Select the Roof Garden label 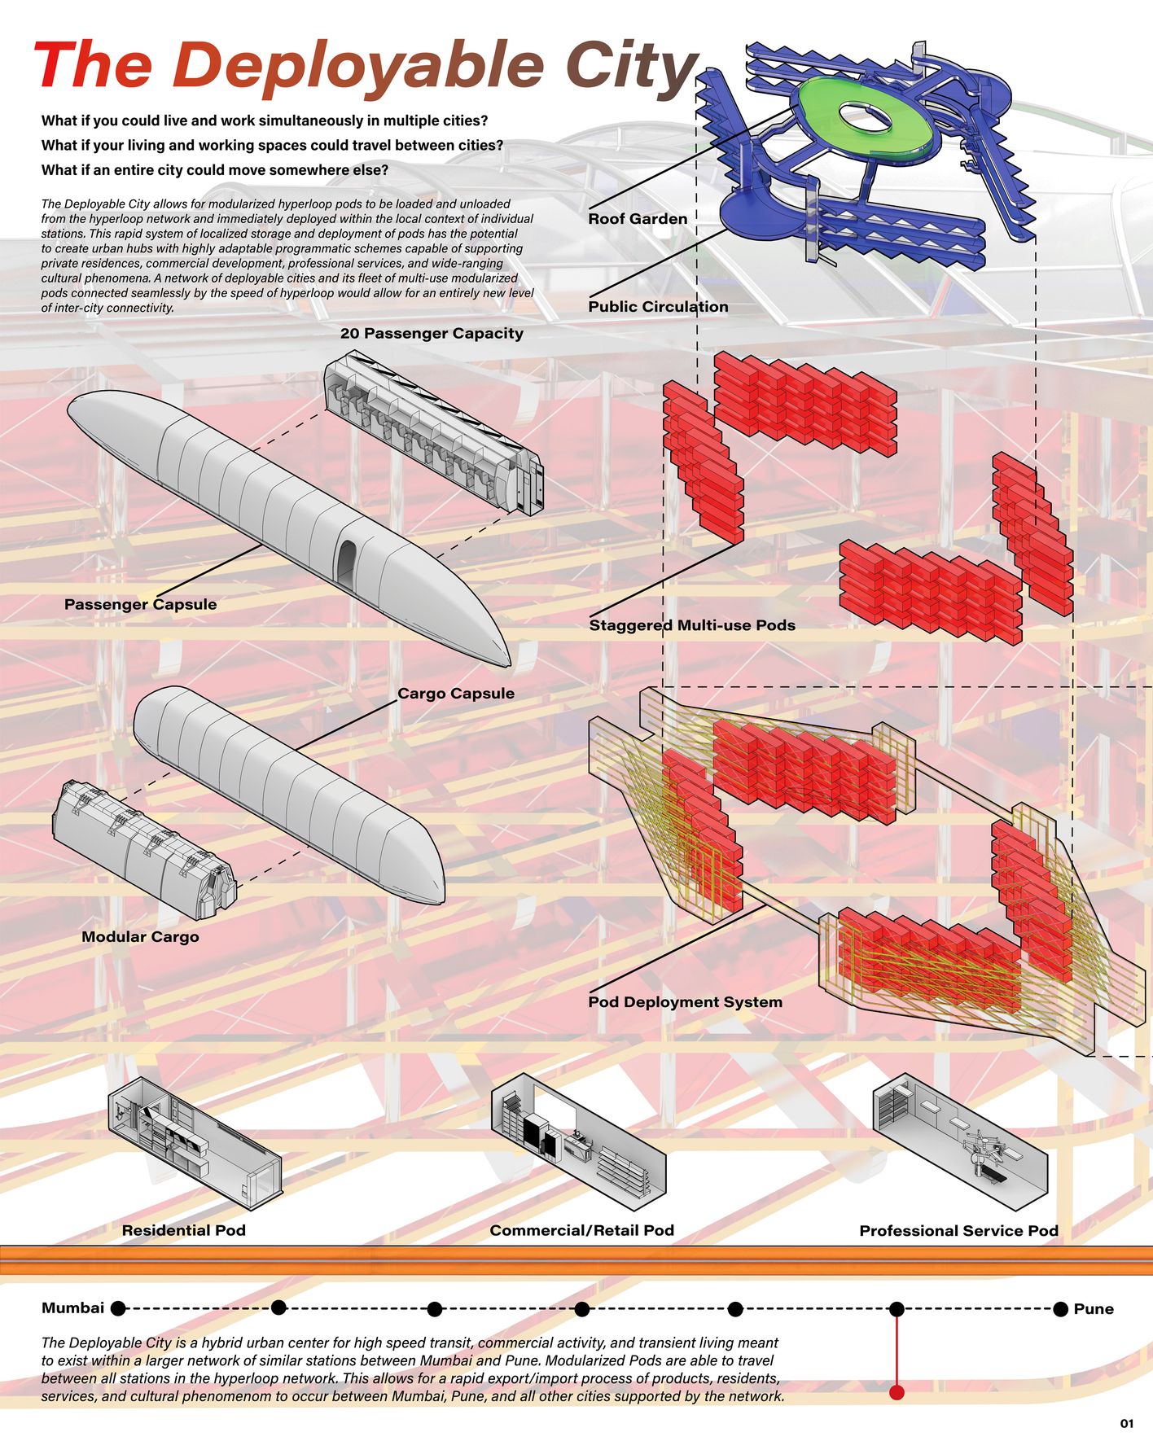click(638, 219)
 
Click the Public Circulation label click(658, 307)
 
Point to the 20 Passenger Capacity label click(432, 333)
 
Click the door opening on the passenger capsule click(347, 563)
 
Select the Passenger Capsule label click(140, 604)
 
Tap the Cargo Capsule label click(456, 694)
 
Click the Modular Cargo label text click(140, 937)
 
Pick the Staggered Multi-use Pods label click(692, 625)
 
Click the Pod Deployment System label click(685, 1002)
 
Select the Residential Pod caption click(183, 1230)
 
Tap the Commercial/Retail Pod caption click(581, 1230)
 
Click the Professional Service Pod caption click(958, 1231)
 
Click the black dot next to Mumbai click(118, 1308)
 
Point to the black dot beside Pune click(1060, 1309)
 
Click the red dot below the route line click(897, 1392)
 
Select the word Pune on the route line click(1094, 1309)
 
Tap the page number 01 click(1126, 1424)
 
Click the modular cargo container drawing click(142, 843)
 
